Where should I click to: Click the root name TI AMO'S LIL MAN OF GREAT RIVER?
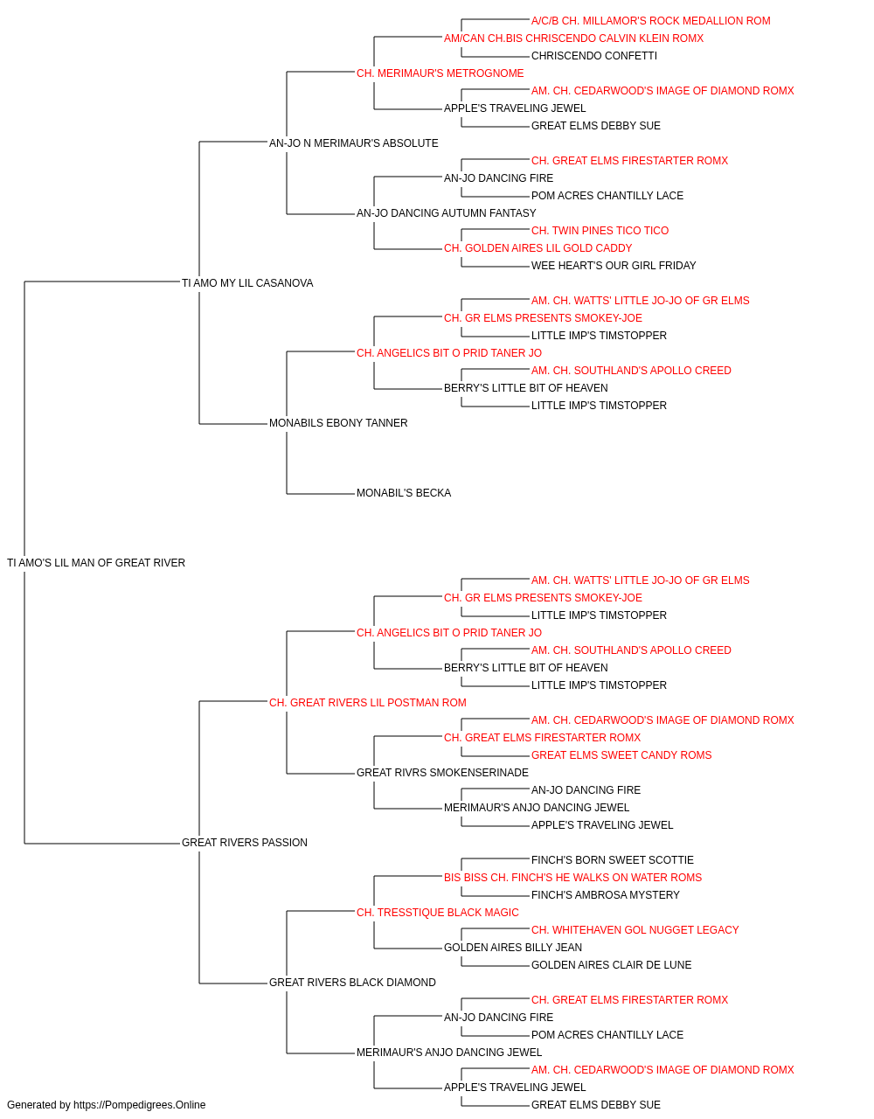tap(96, 563)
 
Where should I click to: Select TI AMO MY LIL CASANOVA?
tap(247, 283)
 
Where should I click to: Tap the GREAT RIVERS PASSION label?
tap(245, 843)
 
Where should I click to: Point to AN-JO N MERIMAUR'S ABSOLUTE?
tap(354, 143)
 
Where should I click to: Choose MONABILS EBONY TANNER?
tap(338, 423)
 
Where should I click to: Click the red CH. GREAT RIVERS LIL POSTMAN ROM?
tap(367, 703)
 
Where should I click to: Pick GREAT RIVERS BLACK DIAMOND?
tap(352, 983)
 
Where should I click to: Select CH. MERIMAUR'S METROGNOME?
tap(440, 73)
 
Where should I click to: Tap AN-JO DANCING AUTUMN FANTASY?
tap(447, 213)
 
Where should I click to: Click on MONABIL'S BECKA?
tap(404, 493)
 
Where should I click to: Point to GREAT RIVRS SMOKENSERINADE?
tap(442, 773)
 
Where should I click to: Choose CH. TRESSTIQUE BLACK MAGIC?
tap(438, 913)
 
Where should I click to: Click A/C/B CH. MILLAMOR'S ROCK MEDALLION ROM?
tap(650, 21)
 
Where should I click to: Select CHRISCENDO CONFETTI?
tap(594, 56)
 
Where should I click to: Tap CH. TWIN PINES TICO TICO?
tap(600, 231)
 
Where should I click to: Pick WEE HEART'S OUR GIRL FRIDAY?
tap(614, 266)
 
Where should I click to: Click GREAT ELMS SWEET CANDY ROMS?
tap(621, 755)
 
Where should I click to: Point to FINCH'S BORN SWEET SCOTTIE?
tap(613, 860)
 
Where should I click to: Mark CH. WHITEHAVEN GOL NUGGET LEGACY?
tap(635, 930)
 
